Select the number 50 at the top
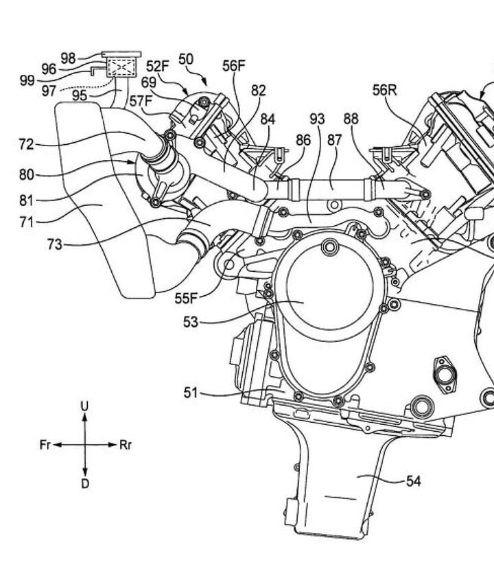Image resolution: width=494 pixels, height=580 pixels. coord(185,58)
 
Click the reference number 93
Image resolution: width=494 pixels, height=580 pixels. coord(317,119)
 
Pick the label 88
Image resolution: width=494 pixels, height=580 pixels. coord(351,119)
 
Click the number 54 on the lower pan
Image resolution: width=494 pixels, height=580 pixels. coord(413,481)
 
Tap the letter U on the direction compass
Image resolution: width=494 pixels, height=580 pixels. coord(84,406)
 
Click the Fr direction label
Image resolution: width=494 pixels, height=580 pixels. coord(45,445)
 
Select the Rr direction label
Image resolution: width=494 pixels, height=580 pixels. coord(126,445)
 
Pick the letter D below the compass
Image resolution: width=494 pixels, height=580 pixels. coord(84,484)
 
